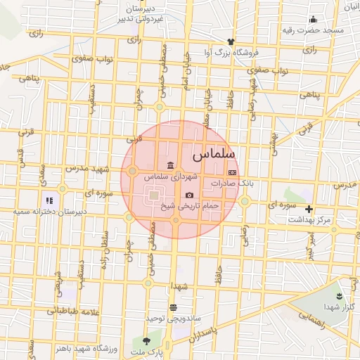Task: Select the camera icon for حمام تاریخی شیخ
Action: click(189, 195)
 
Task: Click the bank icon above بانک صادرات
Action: click(232, 172)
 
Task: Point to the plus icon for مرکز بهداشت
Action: click(309, 209)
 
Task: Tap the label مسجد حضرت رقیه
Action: click(313, 30)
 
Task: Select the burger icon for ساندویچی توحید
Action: click(173, 307)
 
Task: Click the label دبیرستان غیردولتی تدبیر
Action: click(143, 13)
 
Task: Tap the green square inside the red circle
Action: click(153, 195)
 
